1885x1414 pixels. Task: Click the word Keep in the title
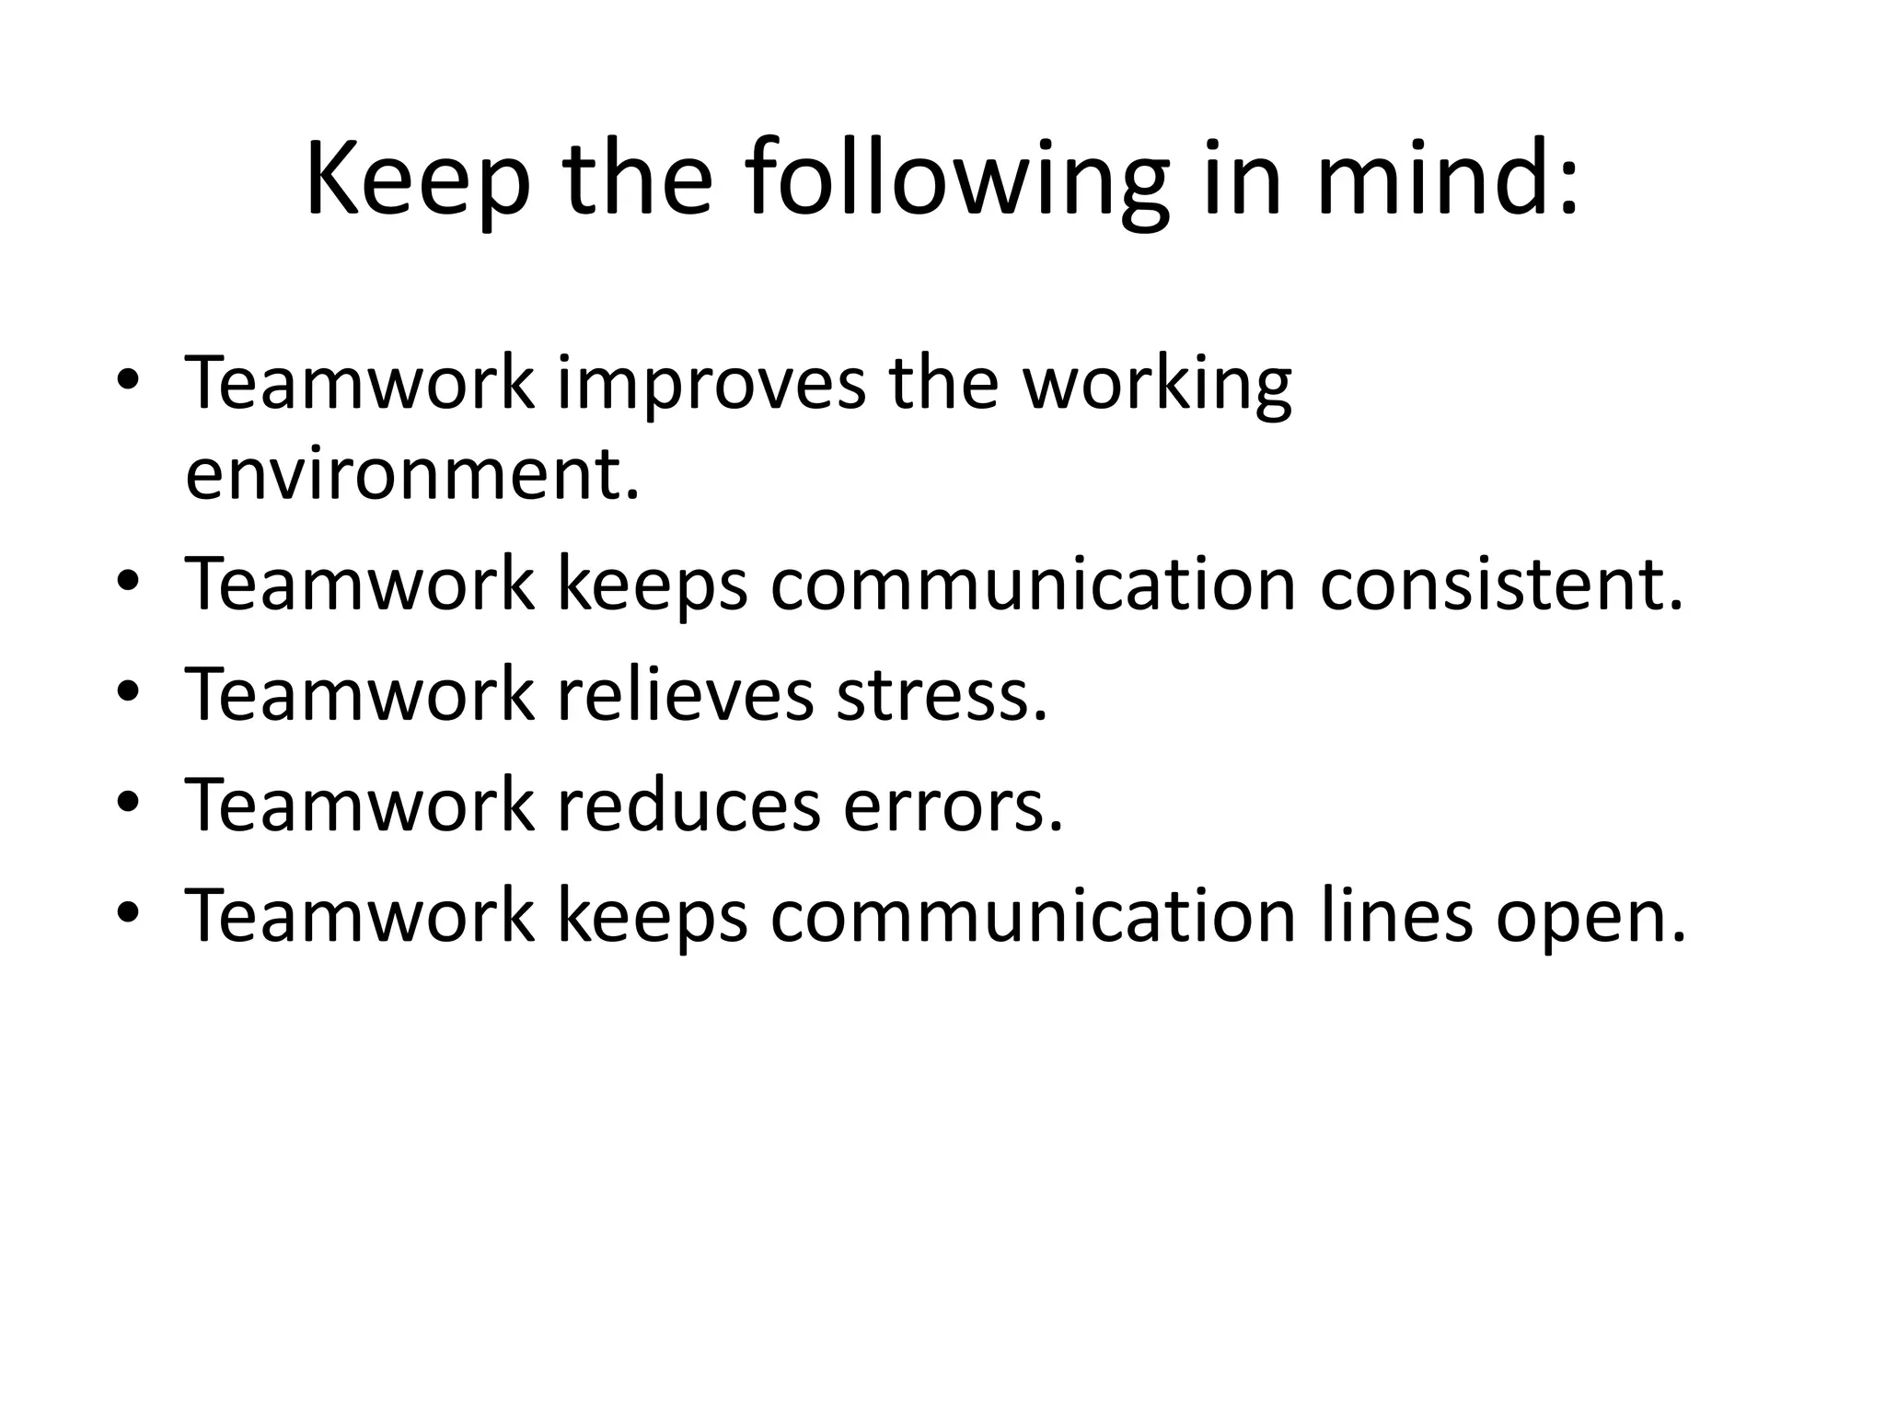(x=418, y=181)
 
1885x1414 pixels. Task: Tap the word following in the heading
(x=957, y=181)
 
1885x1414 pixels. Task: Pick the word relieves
(x=686, y=695)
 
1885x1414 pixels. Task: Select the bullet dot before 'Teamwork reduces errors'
(x=128, y=801)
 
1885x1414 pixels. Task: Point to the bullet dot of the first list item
(x=128, y=379)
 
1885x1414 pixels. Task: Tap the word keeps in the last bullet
(x=653, y=917)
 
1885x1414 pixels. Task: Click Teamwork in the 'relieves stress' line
(x=359, y=695)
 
